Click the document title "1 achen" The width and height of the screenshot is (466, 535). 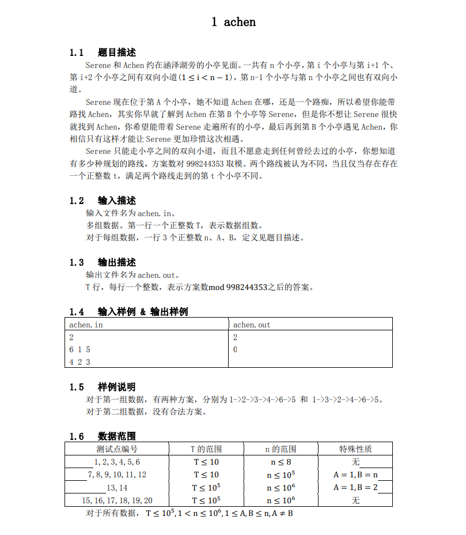[233, 22]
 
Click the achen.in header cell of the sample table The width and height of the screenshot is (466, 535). [86, 325]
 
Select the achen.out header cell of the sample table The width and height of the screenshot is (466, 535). [252, 325]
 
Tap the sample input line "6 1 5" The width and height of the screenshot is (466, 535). [80, 349]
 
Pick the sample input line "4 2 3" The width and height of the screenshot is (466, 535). [80, 362]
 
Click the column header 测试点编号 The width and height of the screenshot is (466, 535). [117, 449]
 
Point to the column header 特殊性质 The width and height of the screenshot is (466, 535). [355, 449]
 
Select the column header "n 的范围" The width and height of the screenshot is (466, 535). [281, 449]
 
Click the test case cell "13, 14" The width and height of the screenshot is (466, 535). [117, 487]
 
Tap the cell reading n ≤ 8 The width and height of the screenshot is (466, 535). [281, 462]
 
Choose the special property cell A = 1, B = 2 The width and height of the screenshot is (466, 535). [355, 487]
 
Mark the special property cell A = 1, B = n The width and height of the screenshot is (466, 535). [355, 474]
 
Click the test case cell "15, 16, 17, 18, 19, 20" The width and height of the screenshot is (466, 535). [117, 500]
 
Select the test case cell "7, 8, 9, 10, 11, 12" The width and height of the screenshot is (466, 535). [117, 474]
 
